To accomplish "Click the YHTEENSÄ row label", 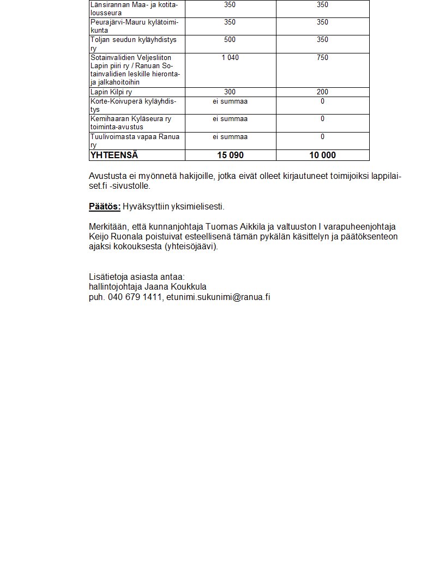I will click(114, 155).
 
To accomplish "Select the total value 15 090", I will click(230, 155).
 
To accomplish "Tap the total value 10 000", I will click(322, 155).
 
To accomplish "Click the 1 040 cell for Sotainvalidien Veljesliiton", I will click(230, 57).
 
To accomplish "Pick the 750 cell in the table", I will click(322, 57).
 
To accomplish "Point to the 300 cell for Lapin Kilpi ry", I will click(230, 92).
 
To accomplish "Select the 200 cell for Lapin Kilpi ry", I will click(322, 92).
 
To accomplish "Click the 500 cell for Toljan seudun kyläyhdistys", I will click(230, 40).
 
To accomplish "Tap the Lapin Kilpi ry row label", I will click(111, 92).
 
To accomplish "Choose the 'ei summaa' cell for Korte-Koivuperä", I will click(230, 101).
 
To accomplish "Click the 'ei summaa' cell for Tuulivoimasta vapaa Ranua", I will click(230, 136).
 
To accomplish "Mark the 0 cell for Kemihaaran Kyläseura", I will click(322, 119).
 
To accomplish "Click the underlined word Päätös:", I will click(105, 207).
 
